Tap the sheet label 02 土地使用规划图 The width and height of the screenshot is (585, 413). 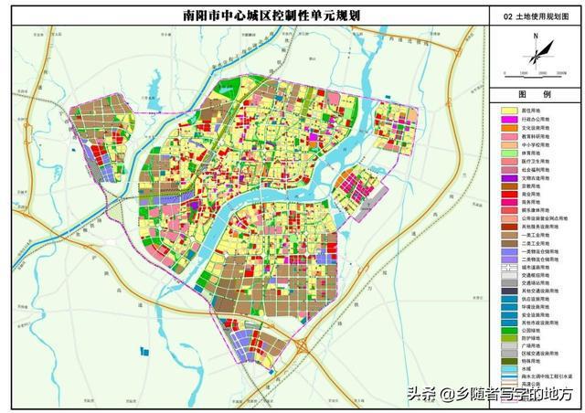pos(535,16)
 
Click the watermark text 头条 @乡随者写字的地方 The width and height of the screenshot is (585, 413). pos(490,396)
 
